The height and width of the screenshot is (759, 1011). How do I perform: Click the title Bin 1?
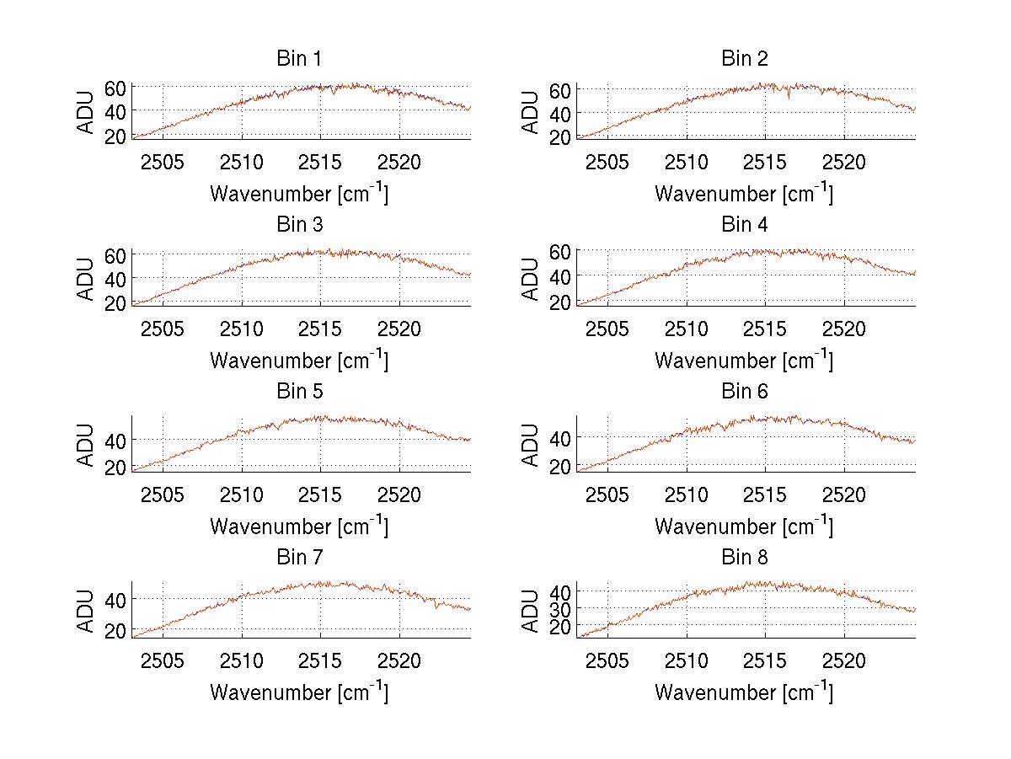click(299, 59)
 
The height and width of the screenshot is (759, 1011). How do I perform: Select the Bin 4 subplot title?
click(745, 225)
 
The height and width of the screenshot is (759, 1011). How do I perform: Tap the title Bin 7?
click(299, 558)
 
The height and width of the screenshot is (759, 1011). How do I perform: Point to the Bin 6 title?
click(745, 392)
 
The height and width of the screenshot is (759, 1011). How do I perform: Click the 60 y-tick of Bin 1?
click(115, 88)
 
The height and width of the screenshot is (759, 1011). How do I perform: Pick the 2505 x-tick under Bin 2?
click(607, 163)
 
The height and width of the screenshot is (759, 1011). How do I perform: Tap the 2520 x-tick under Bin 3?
click(399, 329)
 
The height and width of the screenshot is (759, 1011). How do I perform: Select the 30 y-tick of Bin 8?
click(560, 608)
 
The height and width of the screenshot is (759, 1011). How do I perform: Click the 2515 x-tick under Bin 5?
click(321, 494)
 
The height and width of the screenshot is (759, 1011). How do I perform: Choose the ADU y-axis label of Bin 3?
click(87, 278)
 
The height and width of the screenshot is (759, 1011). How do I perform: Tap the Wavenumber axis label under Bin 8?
click(744, 692)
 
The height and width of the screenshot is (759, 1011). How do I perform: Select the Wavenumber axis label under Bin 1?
click(299, 193)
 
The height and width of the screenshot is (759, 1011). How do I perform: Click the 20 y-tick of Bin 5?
click(115, 468)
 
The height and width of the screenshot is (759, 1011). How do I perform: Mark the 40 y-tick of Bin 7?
click(115, 599)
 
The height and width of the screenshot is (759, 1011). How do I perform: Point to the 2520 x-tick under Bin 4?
click(844, 329)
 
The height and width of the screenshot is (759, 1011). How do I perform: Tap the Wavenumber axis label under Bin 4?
click(744, 360)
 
